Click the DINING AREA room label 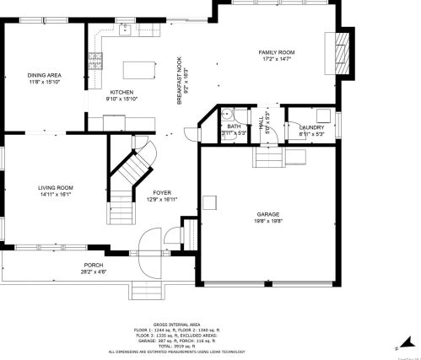[45, 76]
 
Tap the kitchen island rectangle [141, 67]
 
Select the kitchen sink [126, 31]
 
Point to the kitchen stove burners [94, 60]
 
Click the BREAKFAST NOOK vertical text [179, 81]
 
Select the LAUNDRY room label [311, 127]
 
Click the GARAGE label [267, 214]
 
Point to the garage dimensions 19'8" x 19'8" [267, 221]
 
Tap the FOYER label [162, 193]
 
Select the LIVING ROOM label [55, 187]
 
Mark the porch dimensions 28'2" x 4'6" [94, 272]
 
